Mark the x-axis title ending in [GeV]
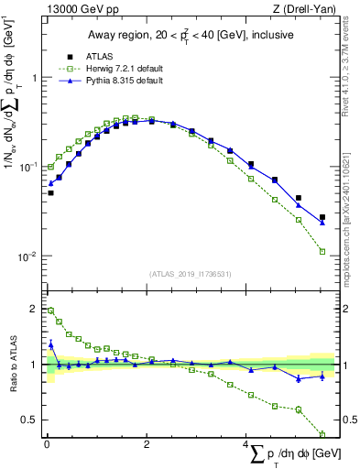tap(290, 454)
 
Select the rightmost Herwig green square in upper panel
tap(322, 251)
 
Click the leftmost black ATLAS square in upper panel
tap(51, 193)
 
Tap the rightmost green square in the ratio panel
tap(322, 434)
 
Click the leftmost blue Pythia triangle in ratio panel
tap(51, 345)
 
